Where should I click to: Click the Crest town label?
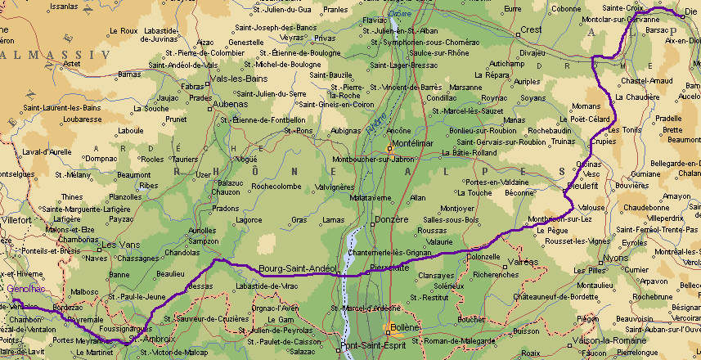click(x=532, y=29)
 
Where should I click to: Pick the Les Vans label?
click(x=116, y=245)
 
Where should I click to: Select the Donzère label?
click(x=391, y=222)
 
